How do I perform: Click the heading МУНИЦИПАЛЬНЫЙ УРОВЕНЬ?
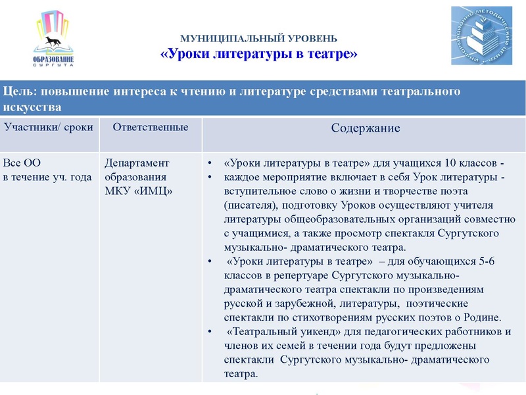259,39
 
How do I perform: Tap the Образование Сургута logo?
53,41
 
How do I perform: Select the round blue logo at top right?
483,36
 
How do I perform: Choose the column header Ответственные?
151,126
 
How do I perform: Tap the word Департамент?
137,163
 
